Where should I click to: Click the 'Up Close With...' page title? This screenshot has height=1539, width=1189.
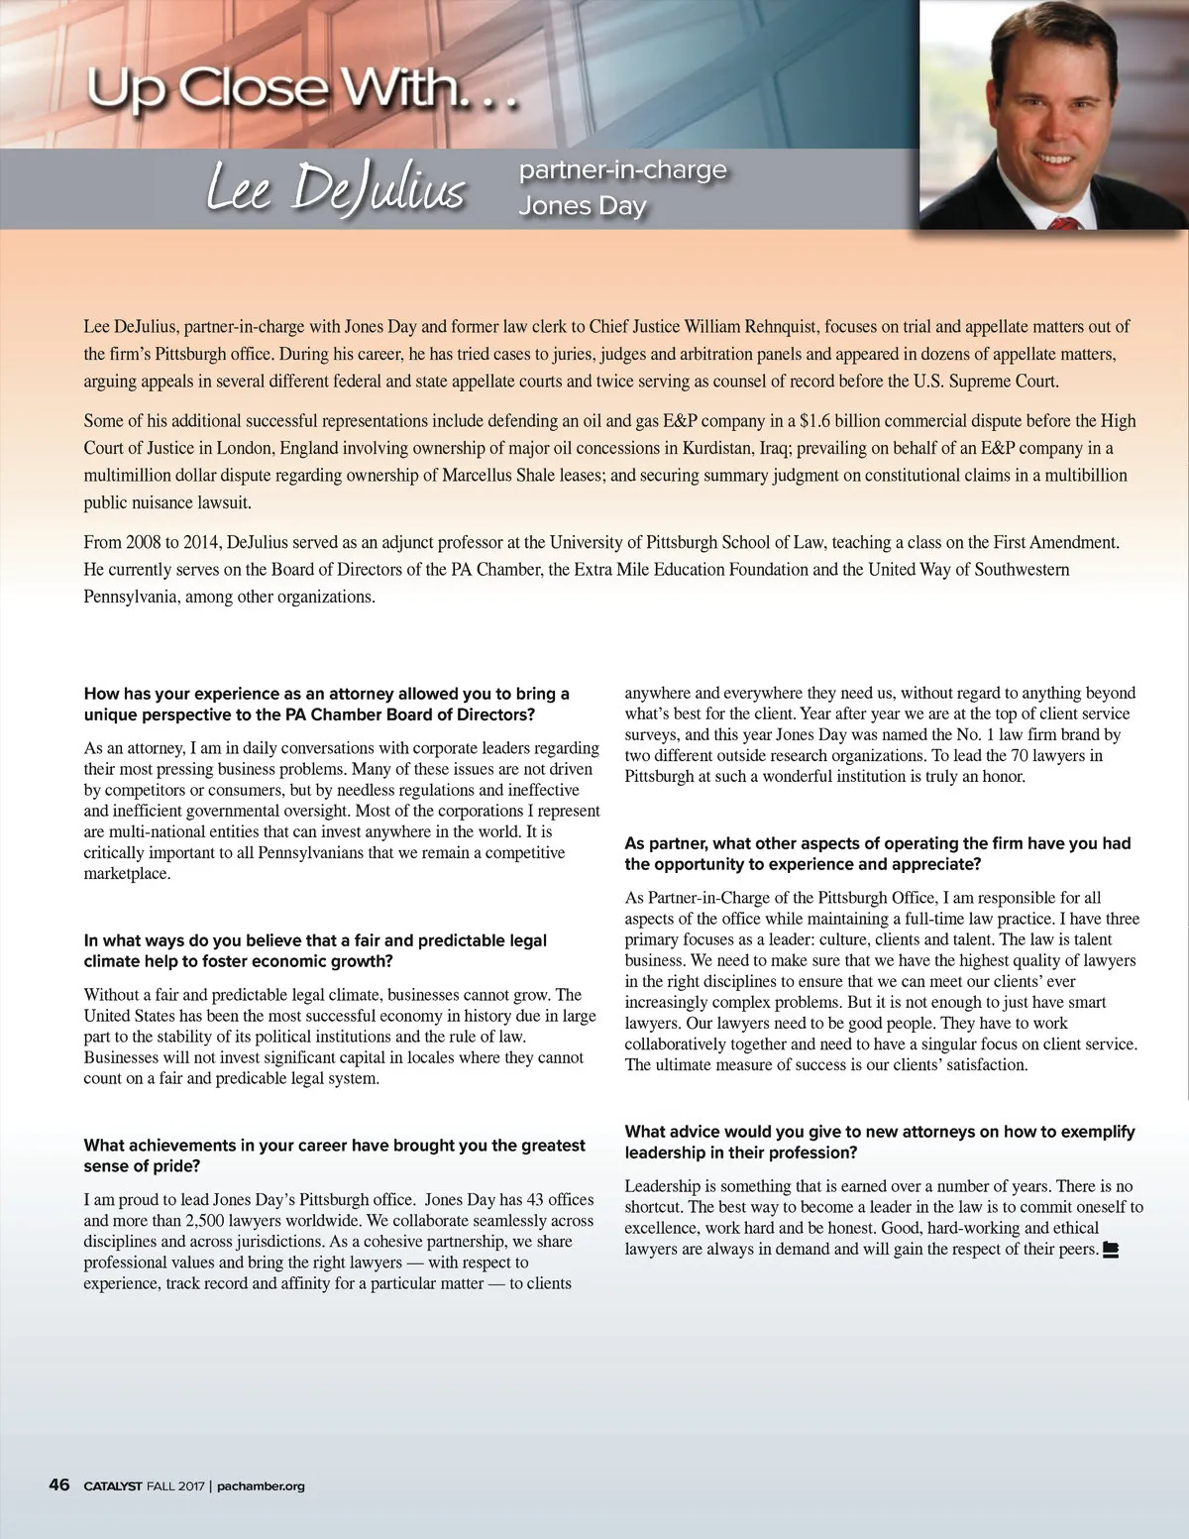click(x=302, y=90)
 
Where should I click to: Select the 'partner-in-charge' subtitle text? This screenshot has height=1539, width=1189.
click(x=622, y=169)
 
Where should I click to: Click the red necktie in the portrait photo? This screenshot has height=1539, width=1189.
click(x=1062, y=223)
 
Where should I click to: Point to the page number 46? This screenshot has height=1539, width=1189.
click(x=59, y=1484)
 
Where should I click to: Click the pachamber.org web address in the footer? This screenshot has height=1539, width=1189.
click(x=260, y=1485)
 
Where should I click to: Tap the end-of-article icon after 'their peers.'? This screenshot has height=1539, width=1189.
click(x=1111, y=1250)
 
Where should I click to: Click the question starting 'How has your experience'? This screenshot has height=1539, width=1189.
click(x=327, y=704)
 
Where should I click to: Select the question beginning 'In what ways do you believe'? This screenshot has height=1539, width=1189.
click(x=315, y=950)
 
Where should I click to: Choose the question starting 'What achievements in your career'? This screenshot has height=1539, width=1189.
click(x=334, y=1155)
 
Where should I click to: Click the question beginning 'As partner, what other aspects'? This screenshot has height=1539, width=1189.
click(x=877, y=853)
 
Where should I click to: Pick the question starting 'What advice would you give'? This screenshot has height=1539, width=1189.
click(x=879, y=1142)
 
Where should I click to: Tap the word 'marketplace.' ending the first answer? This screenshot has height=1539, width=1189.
click(x=127, y=874)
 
